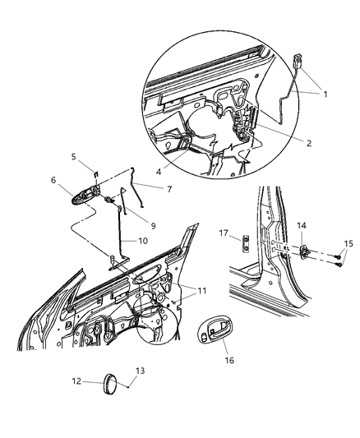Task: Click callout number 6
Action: (54, 180)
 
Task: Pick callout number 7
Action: (168, 189)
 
